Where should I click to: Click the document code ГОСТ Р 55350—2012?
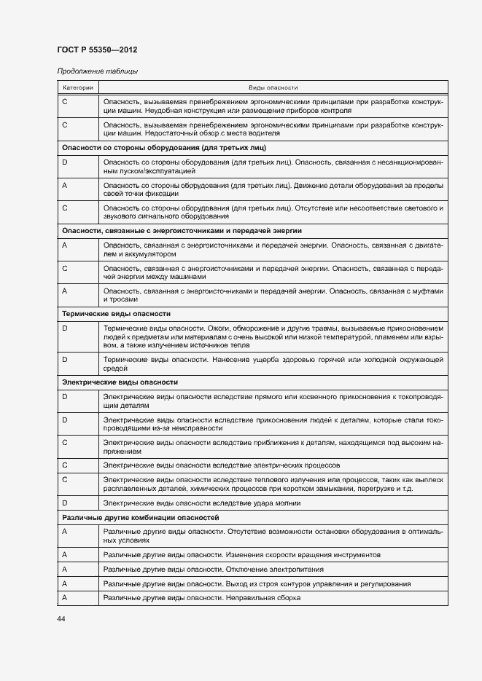[97, 50]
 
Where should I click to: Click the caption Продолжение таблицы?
[97, 71]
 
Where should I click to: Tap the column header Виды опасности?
[273, 87]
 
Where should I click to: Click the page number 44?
[61, 618]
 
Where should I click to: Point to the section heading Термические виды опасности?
[117, 313]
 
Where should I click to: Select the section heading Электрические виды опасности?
[120, 382]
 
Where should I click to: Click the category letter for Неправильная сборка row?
[65, 598]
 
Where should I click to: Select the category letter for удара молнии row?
[65, 503]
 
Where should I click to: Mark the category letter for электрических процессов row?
[65, 465]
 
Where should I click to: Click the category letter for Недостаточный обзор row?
[65, 125]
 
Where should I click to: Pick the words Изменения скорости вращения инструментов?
[303, 554]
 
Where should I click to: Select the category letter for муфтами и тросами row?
[65, 291]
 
